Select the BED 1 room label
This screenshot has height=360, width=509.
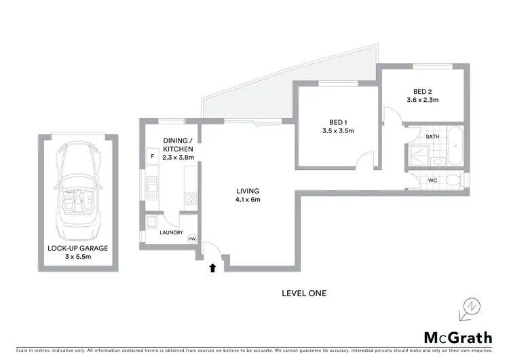(337, 126)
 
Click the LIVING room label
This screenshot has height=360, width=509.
(247, 195)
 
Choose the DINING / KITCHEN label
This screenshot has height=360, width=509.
(178, 149)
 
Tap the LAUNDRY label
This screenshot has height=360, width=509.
(171, 233)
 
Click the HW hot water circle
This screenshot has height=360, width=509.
(191, 239)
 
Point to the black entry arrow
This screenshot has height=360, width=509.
(213, 268)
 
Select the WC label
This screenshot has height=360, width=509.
(432, 180)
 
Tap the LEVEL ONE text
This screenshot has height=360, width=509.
(304, 293)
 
